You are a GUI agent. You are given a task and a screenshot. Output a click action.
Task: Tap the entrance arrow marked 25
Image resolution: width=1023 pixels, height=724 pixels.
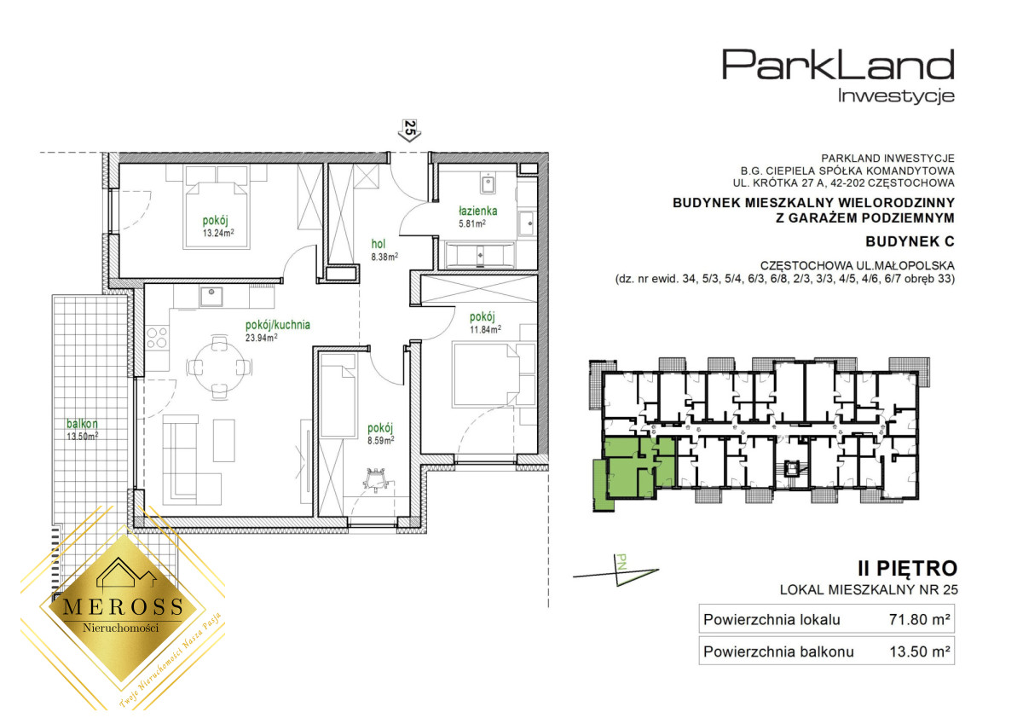(410, 130)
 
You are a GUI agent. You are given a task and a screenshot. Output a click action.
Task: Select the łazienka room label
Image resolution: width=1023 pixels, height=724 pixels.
(477, 211)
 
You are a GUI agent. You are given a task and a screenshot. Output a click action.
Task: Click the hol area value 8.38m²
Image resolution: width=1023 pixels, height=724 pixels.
(384, 257)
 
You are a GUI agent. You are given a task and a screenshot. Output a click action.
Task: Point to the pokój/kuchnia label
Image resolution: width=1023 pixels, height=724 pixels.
(278, 325)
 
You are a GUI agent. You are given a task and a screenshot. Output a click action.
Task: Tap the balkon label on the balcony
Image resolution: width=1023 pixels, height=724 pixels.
(82, 424)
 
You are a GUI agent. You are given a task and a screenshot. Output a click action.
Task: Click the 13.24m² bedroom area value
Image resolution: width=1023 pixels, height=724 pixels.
(218, 233)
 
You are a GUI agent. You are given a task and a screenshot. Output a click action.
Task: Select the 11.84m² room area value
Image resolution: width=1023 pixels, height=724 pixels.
(485, 329)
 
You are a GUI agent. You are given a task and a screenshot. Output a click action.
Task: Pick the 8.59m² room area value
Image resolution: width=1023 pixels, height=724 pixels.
(380, 441)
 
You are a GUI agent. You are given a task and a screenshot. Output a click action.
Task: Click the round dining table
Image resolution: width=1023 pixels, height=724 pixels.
(219, 367)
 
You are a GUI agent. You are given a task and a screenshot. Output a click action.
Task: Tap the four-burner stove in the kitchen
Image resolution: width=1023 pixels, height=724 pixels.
(157, 338)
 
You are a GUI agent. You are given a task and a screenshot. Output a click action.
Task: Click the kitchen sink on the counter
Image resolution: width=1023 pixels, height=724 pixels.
(211, 297)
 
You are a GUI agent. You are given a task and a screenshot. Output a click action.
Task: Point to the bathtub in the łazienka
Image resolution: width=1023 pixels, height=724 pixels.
(479, 255)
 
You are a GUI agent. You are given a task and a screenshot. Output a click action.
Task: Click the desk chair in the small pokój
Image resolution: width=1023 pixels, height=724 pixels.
(377, 479)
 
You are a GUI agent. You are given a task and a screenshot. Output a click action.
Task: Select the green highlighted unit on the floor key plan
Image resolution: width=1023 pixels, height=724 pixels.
(636, 468)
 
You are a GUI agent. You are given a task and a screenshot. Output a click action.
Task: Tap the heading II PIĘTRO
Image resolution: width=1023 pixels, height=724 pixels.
(907, 569)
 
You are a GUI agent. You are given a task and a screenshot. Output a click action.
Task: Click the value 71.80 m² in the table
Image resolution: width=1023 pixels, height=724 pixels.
(920, 619)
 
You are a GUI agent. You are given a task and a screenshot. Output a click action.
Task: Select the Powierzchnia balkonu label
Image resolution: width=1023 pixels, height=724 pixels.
(778, 652)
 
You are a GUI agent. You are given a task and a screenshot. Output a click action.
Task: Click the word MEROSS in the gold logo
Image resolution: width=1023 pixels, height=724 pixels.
(124, 606)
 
